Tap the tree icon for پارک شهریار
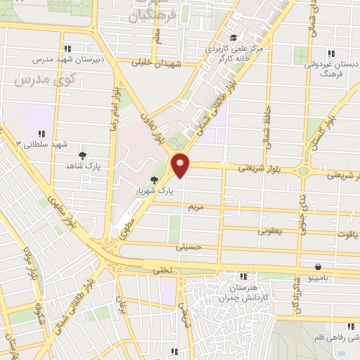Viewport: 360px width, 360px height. click(x=155, y=181)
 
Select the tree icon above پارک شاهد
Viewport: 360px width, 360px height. click(x=83, y=155)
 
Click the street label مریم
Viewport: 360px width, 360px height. click(x=195, y=208)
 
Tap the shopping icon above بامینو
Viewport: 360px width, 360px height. click(x=319, y=266)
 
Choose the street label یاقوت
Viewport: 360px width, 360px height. click(x=349, y=235)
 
